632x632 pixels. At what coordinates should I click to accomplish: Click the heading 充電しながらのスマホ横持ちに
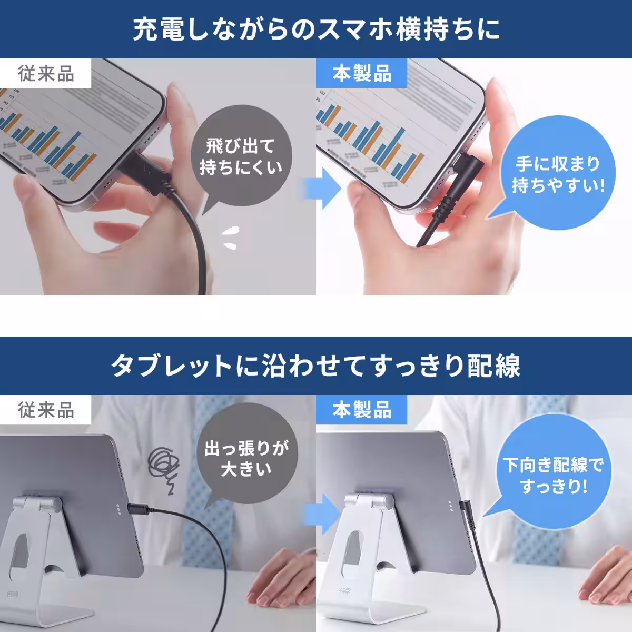(x=316, y=30)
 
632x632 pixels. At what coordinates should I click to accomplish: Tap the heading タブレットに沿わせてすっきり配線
(x=316, y=366)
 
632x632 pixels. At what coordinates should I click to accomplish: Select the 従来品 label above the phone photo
(x=46, y=74)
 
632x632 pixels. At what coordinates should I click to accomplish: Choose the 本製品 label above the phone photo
(x=362, y=74)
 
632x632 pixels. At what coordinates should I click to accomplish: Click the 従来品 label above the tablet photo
(x=46, y=410)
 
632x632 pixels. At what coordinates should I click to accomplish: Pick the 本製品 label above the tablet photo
(x=362, y=410)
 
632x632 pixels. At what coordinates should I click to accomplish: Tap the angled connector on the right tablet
(x=466, y=508)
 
